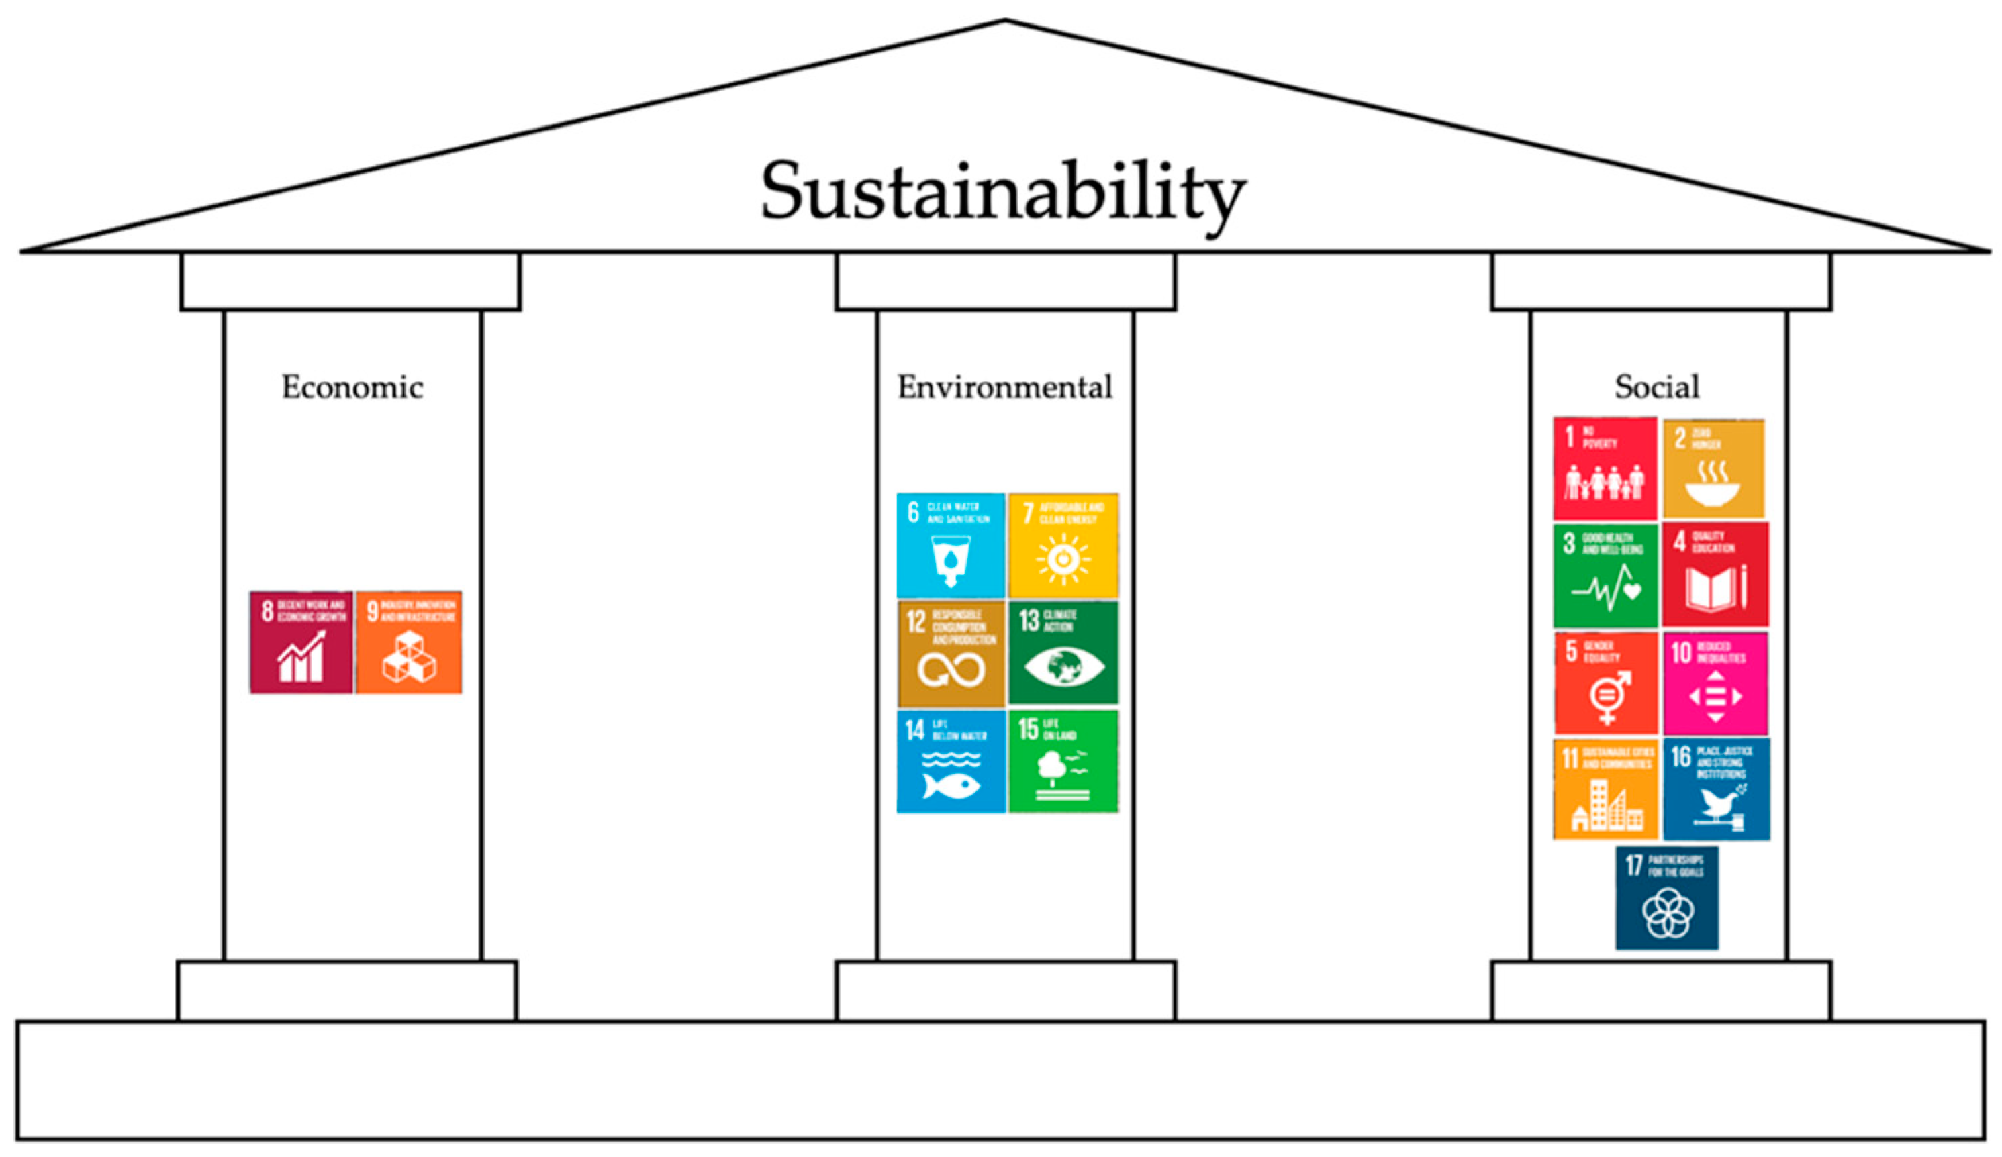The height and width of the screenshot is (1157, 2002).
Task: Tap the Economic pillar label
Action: coord(352,387)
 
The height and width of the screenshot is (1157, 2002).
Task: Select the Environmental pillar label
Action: coord(1005,387)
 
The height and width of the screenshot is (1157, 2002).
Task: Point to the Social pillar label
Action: coord(1657,387)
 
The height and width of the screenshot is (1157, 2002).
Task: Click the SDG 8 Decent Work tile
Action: coord(301,642)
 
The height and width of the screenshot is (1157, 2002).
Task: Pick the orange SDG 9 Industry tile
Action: coord(408,642)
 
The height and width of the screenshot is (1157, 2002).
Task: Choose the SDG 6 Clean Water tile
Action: coord(950,546)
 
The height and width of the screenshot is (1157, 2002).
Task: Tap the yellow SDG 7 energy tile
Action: coord(1063,546)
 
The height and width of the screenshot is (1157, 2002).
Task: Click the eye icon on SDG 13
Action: coord(1063,666)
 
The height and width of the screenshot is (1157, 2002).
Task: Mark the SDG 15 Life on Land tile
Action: coord(1063,762)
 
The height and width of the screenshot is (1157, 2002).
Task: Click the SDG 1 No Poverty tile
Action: coord(1605,469)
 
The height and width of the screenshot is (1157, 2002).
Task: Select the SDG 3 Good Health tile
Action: coord(1605,576)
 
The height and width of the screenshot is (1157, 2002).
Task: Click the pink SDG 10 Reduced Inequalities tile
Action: coord(1715,683)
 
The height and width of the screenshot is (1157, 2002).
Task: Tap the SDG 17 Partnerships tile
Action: coord(1667,898)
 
